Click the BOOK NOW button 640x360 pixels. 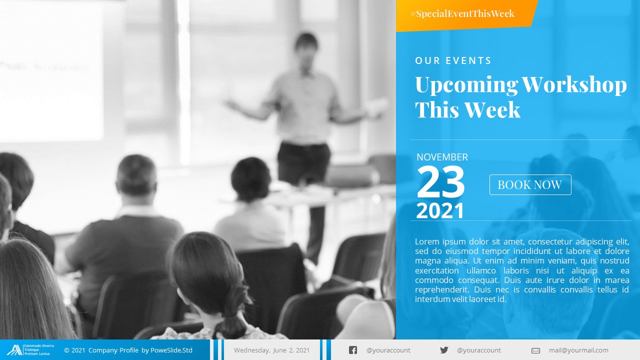530,185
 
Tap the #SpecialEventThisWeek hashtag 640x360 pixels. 462,13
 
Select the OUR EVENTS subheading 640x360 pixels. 453,60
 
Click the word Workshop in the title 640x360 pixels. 574,85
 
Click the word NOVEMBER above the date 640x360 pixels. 442,157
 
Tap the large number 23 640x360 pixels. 440,182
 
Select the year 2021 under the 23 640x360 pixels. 440,211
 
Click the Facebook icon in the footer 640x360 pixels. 353,350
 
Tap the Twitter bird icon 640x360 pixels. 444,350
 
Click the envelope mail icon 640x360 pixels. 535,350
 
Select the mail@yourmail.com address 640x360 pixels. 578,350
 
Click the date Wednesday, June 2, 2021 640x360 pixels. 271,350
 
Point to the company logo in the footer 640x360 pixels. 14,350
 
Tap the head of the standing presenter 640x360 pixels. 305,45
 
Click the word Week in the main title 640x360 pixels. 492,109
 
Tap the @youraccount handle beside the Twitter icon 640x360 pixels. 479,350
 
